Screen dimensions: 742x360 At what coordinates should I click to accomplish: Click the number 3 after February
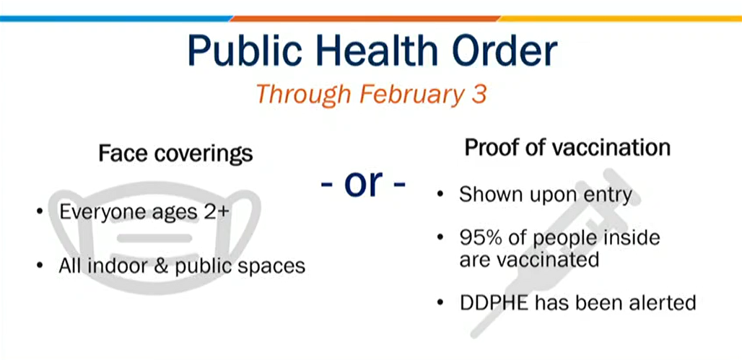(479, 94)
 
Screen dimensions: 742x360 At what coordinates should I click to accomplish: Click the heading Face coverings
(175, 154)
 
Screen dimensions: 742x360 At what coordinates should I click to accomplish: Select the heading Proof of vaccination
(567, 148)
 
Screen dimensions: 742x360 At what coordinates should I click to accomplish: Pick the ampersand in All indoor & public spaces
(163, 266)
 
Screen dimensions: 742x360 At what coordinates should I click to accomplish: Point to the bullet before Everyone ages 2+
(40, 212)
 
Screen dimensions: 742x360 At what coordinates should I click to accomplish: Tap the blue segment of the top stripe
(116, 19)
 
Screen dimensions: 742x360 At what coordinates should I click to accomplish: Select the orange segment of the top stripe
(365, 19)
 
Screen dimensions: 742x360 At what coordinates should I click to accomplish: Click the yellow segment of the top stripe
(620, 19)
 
